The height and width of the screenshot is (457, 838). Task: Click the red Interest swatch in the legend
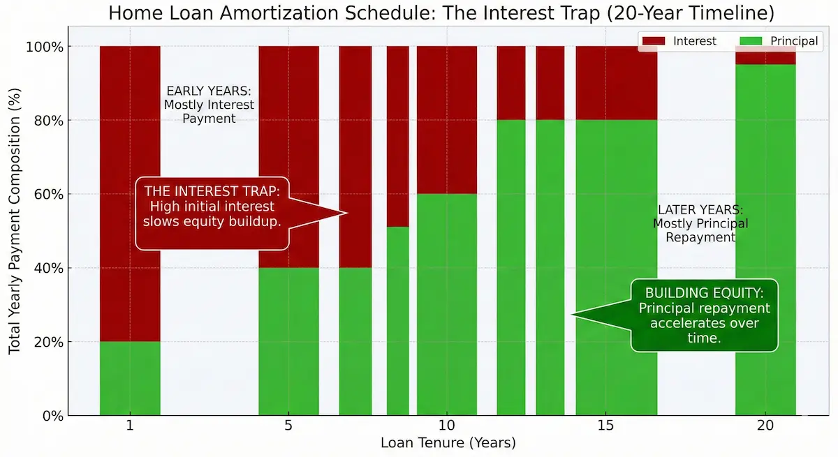[654, 41]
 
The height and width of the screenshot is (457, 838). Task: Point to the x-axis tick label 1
[130, 426]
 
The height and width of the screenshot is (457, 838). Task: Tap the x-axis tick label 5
[288, 426]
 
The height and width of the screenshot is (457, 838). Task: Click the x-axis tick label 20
[765, 426]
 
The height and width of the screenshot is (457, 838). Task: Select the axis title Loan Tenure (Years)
[448, 443]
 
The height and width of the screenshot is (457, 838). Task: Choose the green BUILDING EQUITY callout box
[704, 315]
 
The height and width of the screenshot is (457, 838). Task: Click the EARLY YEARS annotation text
[209, 105]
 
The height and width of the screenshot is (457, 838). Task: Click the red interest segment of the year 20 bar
[765, 56]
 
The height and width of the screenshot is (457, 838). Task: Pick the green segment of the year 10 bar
[447, 304]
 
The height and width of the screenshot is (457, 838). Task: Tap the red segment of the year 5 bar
[288, 157]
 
